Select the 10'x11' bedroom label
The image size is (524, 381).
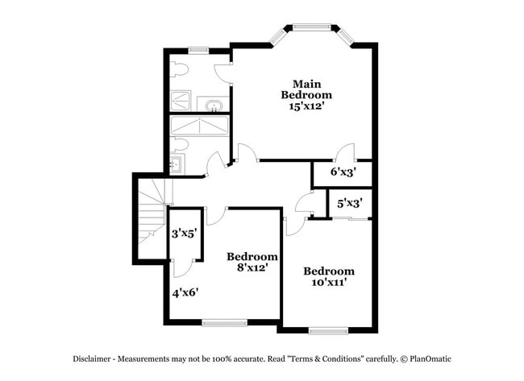328,276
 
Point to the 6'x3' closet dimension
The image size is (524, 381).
343,172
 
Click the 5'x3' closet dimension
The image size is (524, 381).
348,204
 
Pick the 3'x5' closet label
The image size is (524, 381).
185,234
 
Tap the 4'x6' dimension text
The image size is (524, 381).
185,292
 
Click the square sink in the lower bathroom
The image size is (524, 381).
176,165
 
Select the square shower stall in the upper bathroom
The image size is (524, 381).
182,101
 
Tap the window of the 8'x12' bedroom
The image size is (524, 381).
225,322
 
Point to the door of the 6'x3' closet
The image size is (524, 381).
345,152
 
